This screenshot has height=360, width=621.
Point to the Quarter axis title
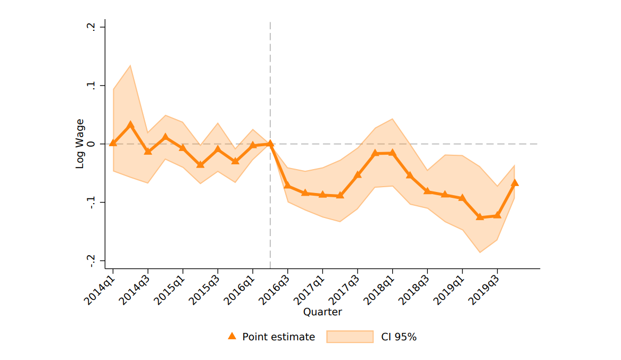pyautogui.click(x=322, y=312)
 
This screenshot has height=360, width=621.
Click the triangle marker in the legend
pyautogui.click(x=231, y=336)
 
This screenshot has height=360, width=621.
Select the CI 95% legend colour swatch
pyautogui.click(x=350, y=337)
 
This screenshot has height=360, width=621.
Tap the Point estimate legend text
pyautogui.click(x=278, y=337)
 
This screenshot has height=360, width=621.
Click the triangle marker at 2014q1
pyautogui.click(x=113, y=143)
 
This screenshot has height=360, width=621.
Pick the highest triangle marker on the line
pyautogui.click(x=130, y=124)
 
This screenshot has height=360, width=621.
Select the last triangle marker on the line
pyautogui.click(x=515, y=183)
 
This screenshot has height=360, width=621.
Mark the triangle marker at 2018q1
pyautogui.click(x=392, y=153)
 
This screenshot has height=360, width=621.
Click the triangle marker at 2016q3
pyautogui.click(x=287, y=186)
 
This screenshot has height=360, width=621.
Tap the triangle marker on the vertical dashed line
pyautogui.click(x=270, y=144)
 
